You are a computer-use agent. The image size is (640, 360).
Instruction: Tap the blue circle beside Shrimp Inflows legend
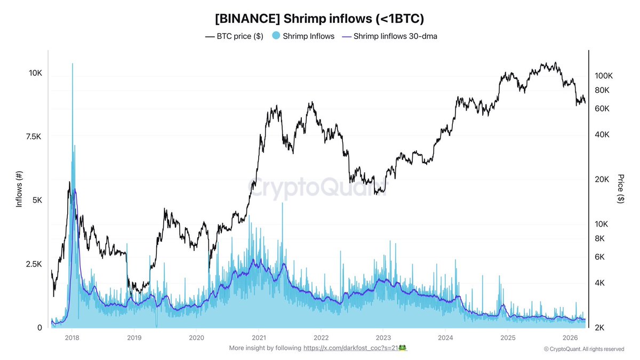coord(275,36)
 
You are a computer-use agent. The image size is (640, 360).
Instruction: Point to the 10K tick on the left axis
coord(35,73)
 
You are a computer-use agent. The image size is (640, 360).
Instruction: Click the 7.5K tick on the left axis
coord(34,137)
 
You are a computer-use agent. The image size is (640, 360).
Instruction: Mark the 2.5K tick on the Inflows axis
coord(34,264)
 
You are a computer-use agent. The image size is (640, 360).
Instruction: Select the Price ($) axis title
coord(620,188)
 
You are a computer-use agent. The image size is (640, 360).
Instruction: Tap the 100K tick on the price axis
coord(604,76)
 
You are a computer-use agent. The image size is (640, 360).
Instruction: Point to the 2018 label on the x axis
coord(72,338)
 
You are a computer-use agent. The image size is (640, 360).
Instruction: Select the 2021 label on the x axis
coord(259,338)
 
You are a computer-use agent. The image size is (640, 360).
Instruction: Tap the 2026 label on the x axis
coord(571,338)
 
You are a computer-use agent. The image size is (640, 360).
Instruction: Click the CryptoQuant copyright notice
coord(583,349)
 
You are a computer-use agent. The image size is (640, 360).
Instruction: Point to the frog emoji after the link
coord(403,348)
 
